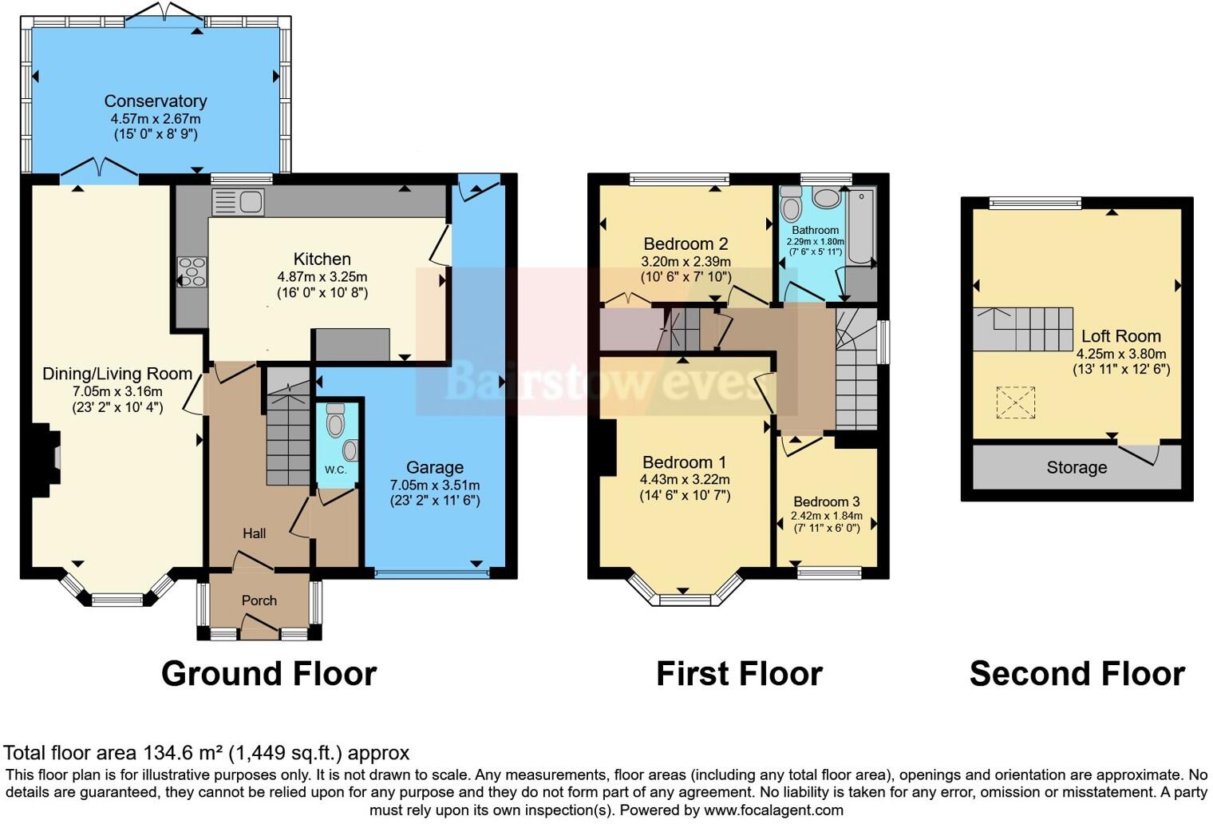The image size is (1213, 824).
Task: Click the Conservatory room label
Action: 156,101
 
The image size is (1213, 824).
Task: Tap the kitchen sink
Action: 237,202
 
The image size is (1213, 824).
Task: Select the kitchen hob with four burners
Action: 192,271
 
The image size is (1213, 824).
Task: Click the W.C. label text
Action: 335,469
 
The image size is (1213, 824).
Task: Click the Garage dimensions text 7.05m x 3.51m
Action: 435,485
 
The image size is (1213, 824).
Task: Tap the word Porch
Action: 259,600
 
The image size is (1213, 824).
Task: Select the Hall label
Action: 255,533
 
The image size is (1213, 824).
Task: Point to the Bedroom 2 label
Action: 686,244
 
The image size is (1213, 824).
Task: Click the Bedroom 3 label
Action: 827,501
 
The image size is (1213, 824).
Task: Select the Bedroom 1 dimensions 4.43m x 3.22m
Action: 685,479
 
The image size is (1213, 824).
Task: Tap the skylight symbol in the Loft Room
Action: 1016,402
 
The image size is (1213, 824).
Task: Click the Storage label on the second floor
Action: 1077,468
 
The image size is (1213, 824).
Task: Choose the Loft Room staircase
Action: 1023,329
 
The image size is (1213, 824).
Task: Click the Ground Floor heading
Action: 269,674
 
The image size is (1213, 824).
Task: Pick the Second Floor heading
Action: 1077,674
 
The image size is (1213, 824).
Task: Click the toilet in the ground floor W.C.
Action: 336,417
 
